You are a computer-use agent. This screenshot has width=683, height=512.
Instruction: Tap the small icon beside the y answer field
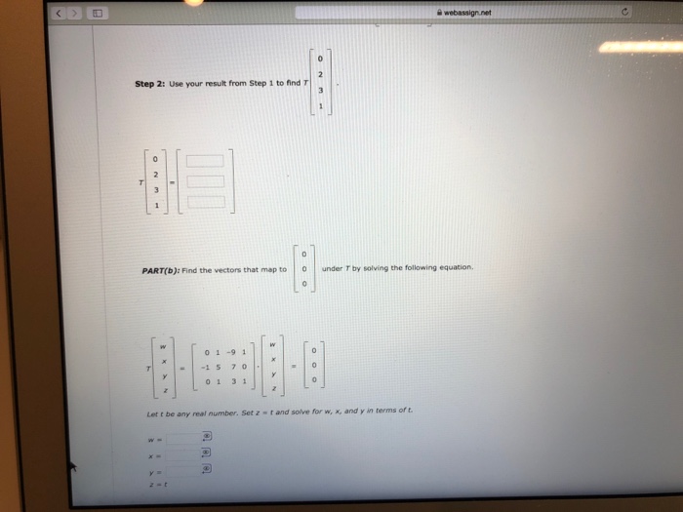coord(206,469)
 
